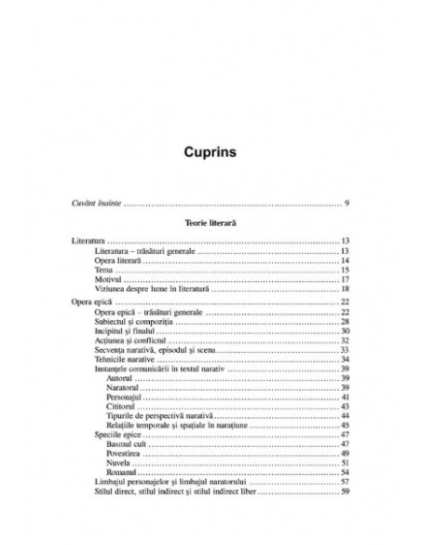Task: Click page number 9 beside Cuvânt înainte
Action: tap(346, 203)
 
